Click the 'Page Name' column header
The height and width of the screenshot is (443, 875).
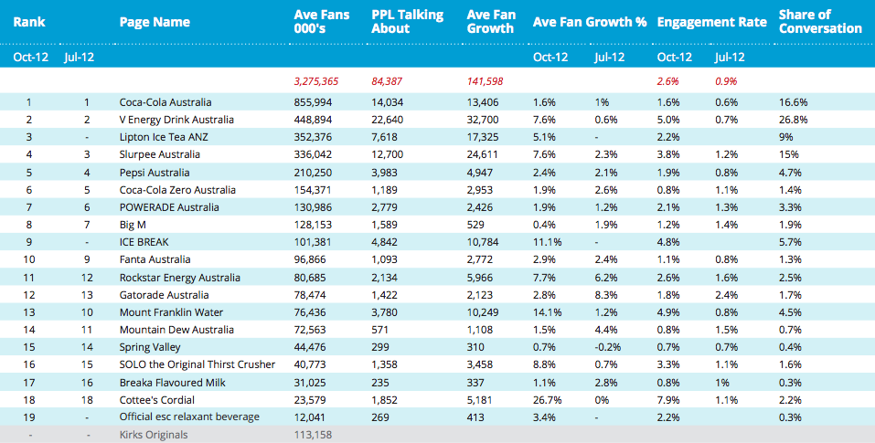(155, 22)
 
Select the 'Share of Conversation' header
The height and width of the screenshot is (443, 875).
(820, 22)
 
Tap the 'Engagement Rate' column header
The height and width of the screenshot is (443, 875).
(712, 22)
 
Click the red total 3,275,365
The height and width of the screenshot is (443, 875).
(315, 81)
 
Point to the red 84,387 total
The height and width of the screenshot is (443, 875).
(387, 81)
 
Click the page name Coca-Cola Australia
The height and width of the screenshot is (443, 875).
(165, 102)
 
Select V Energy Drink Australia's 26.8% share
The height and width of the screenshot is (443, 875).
(793, 120)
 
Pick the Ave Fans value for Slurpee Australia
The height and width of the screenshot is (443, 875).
(313, 154)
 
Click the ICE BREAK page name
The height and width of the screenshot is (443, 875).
(144, 242)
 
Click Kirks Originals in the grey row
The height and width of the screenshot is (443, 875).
(154, 435)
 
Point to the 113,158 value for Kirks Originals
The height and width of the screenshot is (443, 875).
(313, 435)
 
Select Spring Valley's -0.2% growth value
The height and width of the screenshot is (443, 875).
(608, 347)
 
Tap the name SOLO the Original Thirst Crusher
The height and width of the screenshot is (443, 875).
(197, 364)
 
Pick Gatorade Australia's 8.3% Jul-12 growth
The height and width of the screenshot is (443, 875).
(606, 295)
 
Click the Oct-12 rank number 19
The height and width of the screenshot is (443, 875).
(29, 417)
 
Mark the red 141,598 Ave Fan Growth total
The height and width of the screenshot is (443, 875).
(485, 81)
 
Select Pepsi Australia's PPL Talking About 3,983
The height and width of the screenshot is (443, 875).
(385, 173)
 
